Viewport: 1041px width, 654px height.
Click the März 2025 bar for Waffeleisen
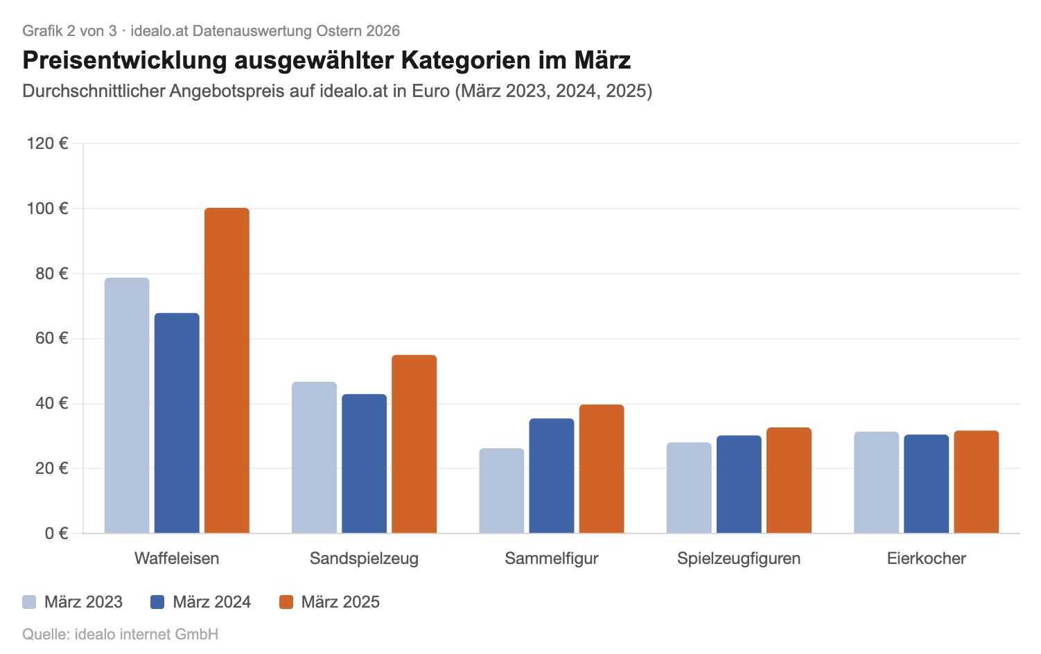227,371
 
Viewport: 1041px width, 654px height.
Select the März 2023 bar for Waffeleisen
127,405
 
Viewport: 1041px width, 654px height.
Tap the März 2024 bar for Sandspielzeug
364,463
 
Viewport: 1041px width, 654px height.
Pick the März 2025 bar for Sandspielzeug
414,444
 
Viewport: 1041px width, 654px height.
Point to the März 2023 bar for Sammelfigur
501,491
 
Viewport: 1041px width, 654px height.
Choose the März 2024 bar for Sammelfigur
552,476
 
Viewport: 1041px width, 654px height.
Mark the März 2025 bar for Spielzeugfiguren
789,480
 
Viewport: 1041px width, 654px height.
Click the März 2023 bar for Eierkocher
876,482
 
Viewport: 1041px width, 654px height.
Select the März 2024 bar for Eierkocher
926,484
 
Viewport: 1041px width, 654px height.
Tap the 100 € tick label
47,209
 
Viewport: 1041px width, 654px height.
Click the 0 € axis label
56,533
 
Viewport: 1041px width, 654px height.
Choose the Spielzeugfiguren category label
739,558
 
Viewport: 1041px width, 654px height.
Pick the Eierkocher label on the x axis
926,558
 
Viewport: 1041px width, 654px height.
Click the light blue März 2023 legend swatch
29,602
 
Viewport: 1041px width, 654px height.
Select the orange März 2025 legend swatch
286,602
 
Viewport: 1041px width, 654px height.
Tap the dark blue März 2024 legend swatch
157,602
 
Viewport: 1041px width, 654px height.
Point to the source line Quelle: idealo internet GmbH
120,634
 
